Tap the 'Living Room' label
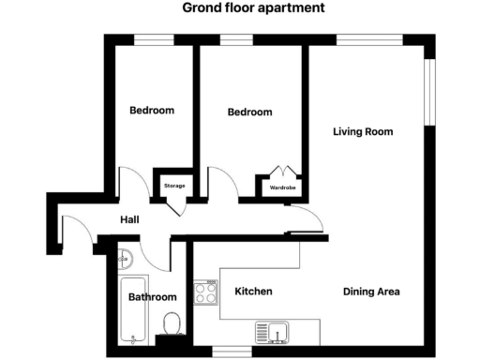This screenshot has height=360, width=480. (x=363, y=131)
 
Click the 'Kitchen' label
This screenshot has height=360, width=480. (x=253, y=292)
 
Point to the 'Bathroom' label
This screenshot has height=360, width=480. (x=153, y=297)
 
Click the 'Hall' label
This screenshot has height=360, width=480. (x=130, y=220)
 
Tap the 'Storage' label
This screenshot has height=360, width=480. (x=174, y=186)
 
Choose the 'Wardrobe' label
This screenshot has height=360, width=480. (x=283, y=187)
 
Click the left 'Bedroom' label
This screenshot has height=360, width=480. (x=152, y=111)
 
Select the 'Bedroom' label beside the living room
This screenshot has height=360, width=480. (x=250, y=112)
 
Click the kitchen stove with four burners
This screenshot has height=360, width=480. (x=205, y=292)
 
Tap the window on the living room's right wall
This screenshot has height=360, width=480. (x=431, y=93)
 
